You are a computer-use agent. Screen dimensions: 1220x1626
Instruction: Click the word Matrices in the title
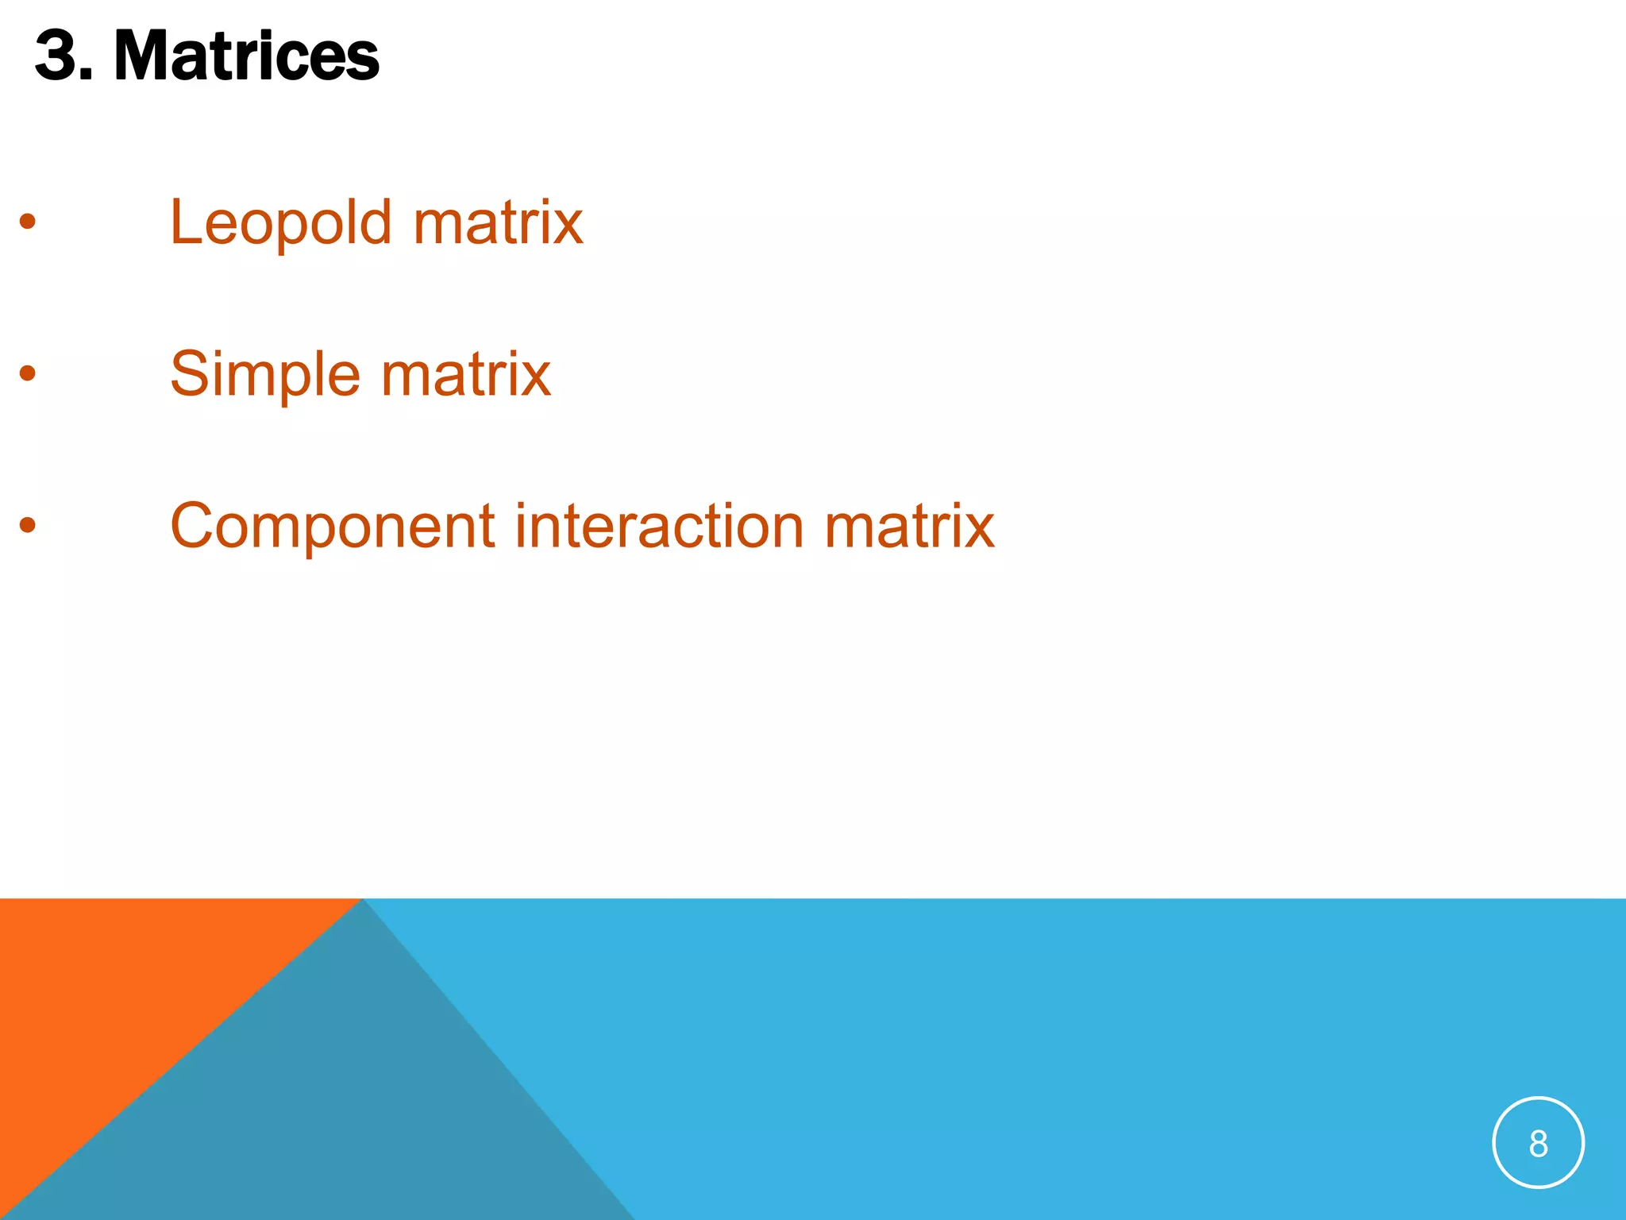(246, 56)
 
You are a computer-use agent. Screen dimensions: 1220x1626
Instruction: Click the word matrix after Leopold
(498, 223)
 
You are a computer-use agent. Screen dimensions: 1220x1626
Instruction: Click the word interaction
(659, 526)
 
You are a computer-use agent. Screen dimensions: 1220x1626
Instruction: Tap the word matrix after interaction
(909, 526)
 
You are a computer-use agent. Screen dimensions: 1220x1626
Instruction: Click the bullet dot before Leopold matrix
(28, 222)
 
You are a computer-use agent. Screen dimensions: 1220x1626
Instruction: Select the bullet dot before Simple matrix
(28, 373)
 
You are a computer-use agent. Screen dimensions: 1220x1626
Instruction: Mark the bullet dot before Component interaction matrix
(28, 524)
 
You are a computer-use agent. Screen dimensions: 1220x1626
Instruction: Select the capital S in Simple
(189, 373)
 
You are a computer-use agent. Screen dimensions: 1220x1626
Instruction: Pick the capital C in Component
(193, 526)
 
